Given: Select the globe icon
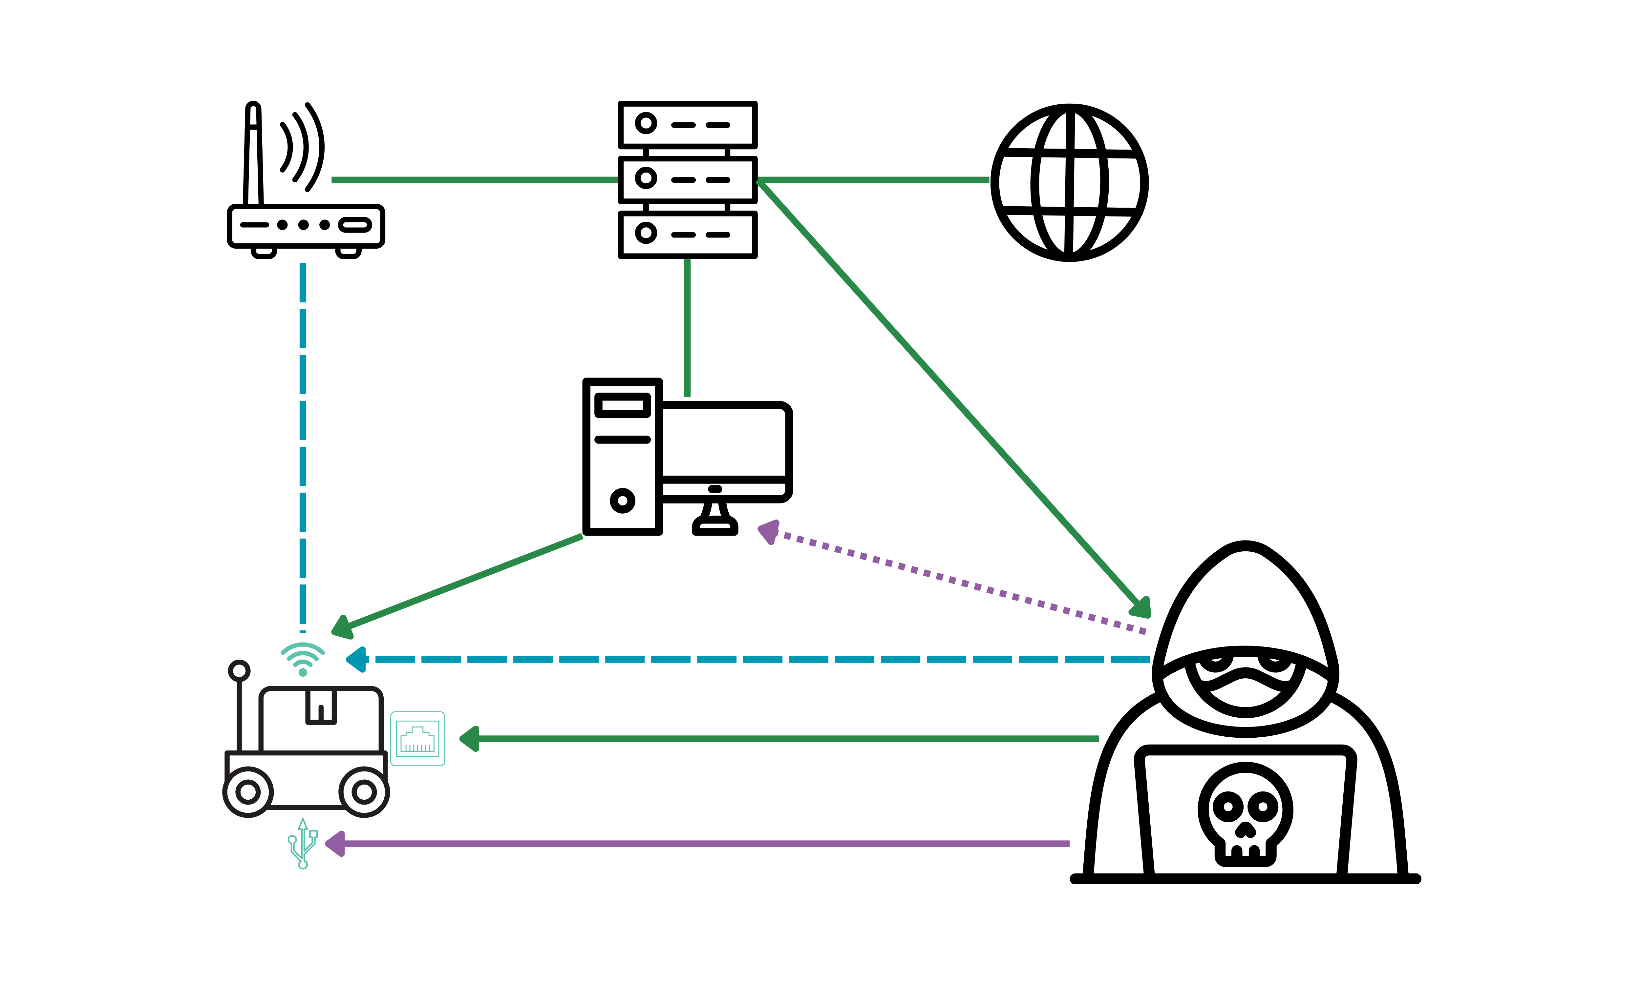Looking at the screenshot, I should click(1069, 182).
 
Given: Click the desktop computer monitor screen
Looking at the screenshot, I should click(723, 441).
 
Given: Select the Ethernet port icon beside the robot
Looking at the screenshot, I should click(417, 739).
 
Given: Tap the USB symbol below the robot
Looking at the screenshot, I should click(303, 843).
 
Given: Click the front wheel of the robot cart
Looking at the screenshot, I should click(364, 792).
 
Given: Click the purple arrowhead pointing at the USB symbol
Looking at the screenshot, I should click(334, 843).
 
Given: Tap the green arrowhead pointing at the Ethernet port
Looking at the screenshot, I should click(469, 739).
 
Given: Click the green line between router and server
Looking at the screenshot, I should click(474, 180).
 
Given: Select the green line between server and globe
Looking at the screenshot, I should click(872, 180).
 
